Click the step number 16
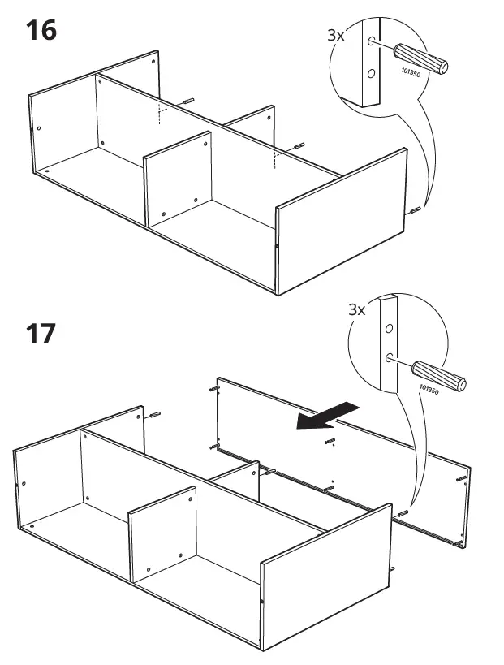click(x=42, y=32)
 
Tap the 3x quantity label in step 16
click(x=335, y=35)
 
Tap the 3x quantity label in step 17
click(x=357, y=309)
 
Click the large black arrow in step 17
click(x=325, y=415)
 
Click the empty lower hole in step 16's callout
click(x=372, y=74)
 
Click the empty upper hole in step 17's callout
click(x=390, y=329)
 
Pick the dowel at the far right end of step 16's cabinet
click(x=416, y=211)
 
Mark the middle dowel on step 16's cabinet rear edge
click(x=298, y=146)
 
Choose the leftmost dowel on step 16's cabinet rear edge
click(x=189, y=101)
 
